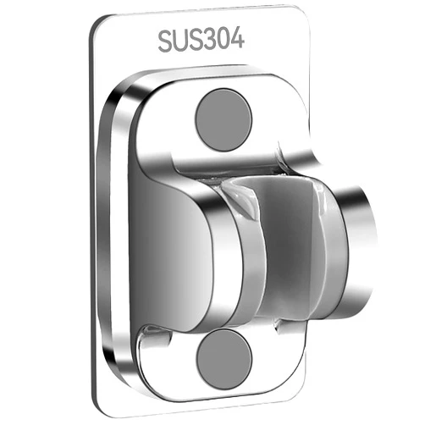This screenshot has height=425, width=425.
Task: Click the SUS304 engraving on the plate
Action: point(201,40)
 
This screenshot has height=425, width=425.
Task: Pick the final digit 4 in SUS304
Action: point(237,39)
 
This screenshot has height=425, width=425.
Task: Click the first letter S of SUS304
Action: point(168,41)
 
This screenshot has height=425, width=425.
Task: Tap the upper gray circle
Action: point(224,119)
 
